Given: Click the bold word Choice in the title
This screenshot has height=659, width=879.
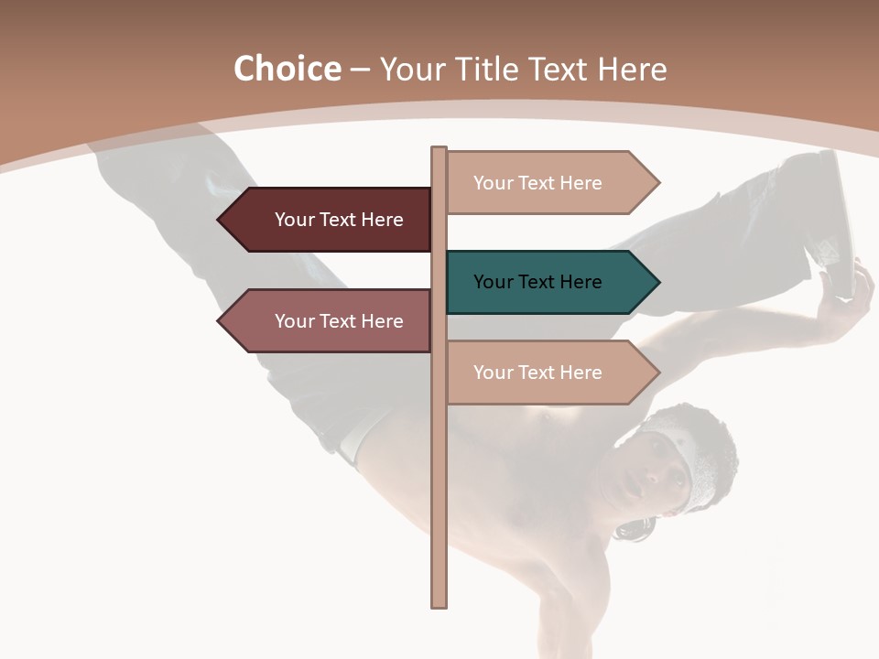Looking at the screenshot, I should tap(287, 69).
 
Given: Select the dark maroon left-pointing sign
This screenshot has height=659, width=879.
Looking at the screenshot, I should tap(325, 220).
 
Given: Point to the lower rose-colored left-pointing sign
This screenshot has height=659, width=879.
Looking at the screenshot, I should tap(325, 321).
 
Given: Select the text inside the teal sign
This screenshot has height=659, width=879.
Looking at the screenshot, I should tap(537, 282).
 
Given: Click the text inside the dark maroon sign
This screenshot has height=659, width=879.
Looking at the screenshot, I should tap(339, 220).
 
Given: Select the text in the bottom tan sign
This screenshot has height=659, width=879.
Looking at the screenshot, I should tap(537, 373).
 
